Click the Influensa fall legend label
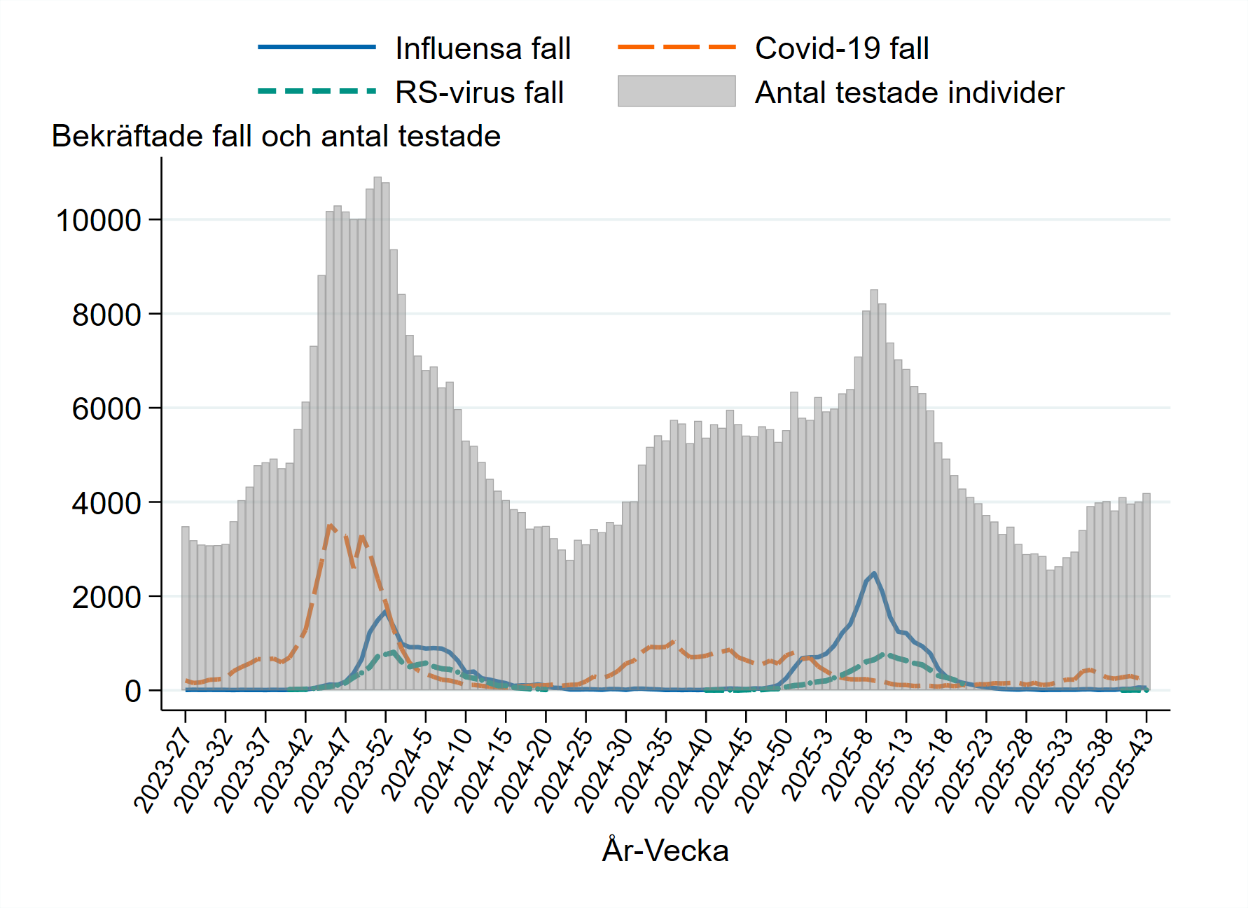click(483, 48)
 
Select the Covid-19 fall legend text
click(842, 48)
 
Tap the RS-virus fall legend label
click(479, 92)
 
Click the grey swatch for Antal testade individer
click(676, 92)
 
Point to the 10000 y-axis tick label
click(98, 221)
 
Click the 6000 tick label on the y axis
click(106, 409)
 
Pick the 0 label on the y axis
click(133, 692)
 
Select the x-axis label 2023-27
click(162, 769)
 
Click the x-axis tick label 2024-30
click(603, 769)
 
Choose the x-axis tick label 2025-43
click(1123, 769)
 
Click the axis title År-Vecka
click(665, 851)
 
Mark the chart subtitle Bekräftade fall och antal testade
click(276, 136)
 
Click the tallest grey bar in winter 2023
click(377, 434)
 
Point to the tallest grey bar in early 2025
click(874, 490)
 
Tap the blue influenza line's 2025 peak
click(874, 573)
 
